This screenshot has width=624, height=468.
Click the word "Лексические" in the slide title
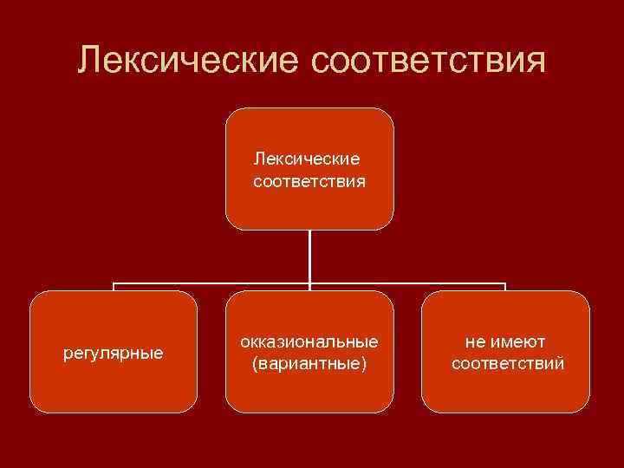[184, 61]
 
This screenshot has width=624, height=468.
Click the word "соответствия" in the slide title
[425, 61]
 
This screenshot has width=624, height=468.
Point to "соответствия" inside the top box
[309, 182]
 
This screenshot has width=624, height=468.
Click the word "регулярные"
[114, 354]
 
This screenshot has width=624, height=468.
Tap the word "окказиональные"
[309, 341]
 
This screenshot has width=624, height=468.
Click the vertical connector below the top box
[309, 256]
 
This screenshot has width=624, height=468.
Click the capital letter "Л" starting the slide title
[88, 62]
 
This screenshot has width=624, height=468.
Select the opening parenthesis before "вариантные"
[254, 364]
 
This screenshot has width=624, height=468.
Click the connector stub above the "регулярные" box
[114, 287]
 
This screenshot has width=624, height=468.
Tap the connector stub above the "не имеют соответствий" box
[505, 287]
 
